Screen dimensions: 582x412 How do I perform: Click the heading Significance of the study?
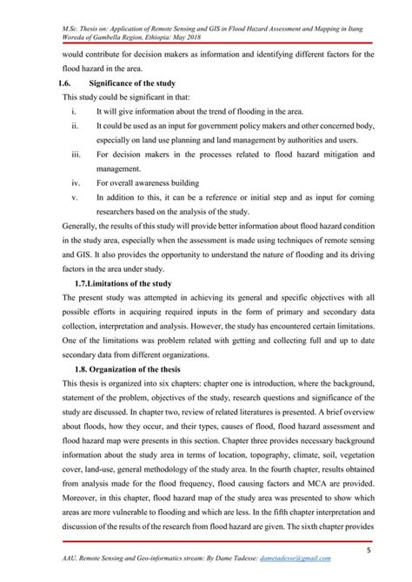pos(137,81)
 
